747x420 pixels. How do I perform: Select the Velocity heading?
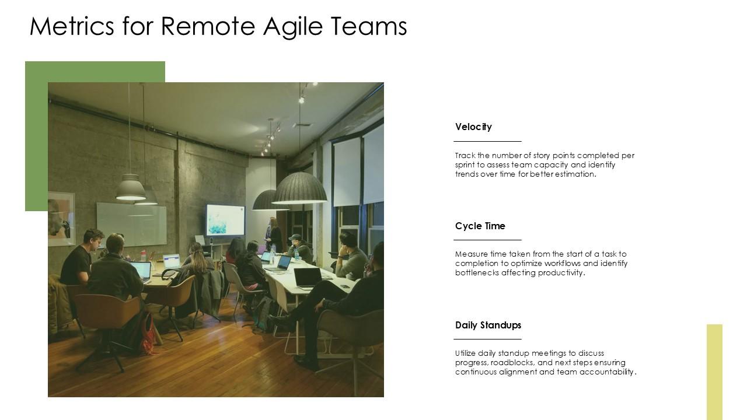coord(473,127)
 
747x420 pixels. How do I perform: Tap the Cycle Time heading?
coord(480,226)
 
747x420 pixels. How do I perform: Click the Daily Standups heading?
coord(488,325)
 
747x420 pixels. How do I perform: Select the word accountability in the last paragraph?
coord(607,372)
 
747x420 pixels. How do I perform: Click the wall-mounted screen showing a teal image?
coord(225,219)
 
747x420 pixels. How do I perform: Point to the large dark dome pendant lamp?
coord(299,188)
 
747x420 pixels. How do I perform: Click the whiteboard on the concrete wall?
coord(131,223)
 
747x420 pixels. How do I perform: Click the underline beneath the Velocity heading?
coord(487,141)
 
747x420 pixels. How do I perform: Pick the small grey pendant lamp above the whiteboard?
coord(131,188)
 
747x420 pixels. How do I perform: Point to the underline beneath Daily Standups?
coord(487,339)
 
